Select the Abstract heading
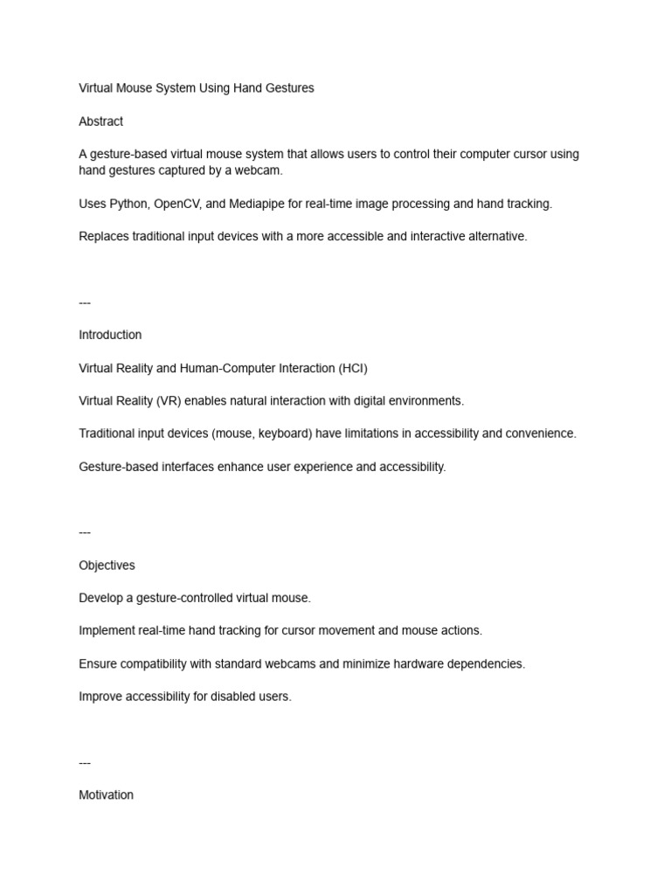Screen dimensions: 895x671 click(x=100, y=121)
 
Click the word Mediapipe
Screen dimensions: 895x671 click(x=262, y=204)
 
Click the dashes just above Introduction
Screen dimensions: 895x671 click(x=85, y=302)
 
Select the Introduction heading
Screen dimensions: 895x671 click(x=110, y=335)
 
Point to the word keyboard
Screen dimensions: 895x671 click(x=282, y=434)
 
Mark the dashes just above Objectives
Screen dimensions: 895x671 click(x=85, y=532)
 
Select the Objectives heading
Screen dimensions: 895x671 click(x=107, y=565)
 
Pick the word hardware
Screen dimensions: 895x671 click(x=394, y=664)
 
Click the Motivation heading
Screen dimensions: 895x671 click(x=106, y=795)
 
